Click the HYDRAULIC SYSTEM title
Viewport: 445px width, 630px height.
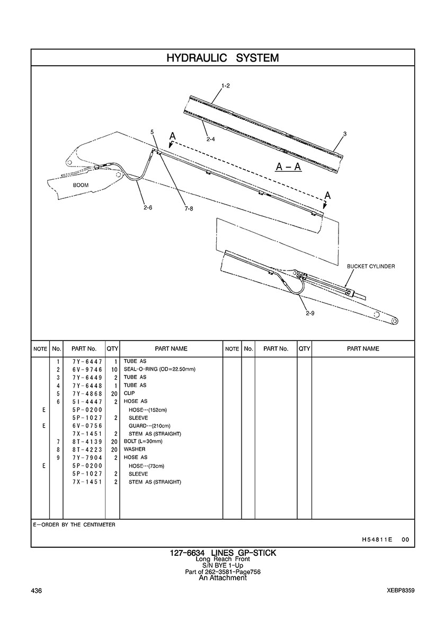click(x=222, y=58)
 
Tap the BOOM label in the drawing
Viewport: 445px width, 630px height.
click(x=81, y=186)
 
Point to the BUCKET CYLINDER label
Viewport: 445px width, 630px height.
click(x=371, y=266)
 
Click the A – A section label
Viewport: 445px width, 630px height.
click(x=289, y=167)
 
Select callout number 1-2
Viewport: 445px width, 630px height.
click(x=225, y=85)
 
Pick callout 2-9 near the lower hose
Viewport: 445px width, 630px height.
click(x=310, y=313)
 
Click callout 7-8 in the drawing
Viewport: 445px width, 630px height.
click(x=189, y=208)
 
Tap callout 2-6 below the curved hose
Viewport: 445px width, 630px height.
click(x=148, y=207)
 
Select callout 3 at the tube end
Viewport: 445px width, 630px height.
click(x=345, y=134)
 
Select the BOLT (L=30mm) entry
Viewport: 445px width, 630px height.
click(x=143, y=441)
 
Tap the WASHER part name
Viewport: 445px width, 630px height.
click(x=135, y=449)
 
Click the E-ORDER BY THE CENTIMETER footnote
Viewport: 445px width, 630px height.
click(x=74, y=524)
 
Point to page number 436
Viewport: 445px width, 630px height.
click(x=37, y=591)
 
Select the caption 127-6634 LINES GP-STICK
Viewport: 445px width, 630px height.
click(x=222, y=553)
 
